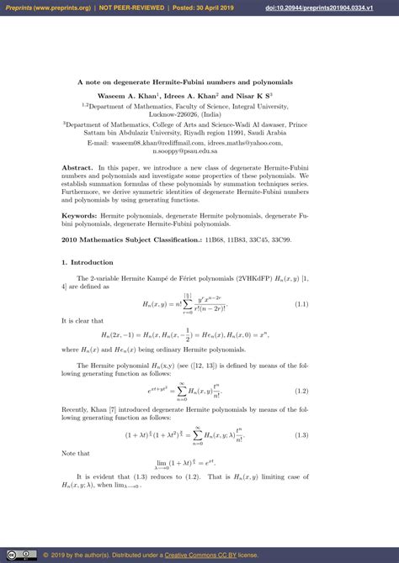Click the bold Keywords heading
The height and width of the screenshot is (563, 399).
coord(80,216)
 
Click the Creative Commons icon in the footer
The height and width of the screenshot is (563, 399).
coord(12,555)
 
